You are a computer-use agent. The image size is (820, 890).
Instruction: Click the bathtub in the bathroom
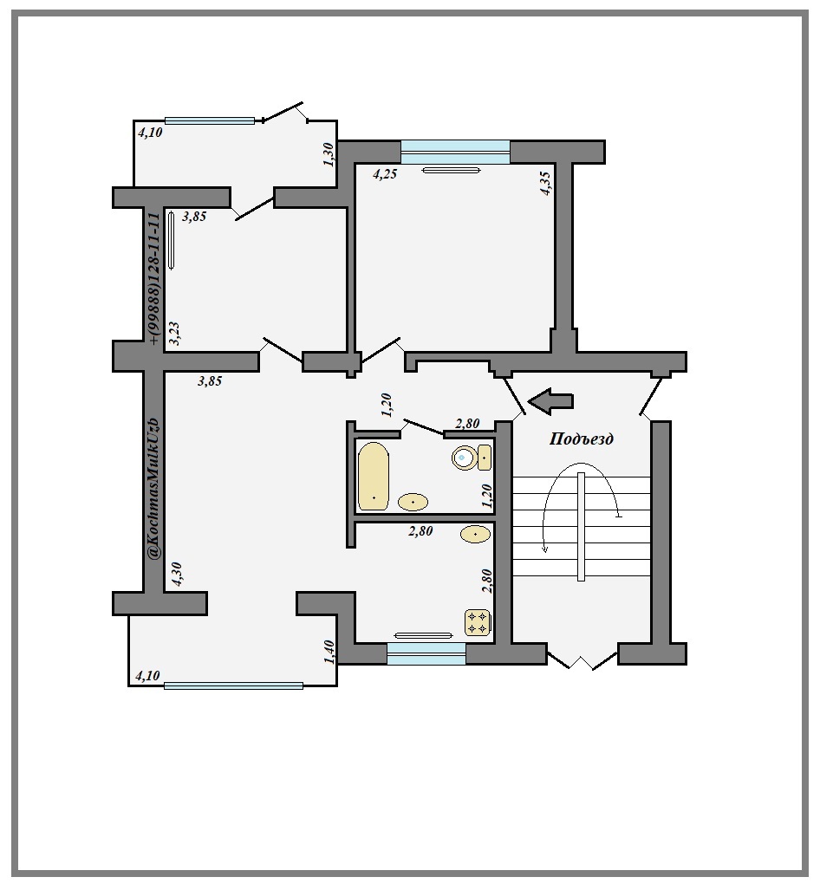click(373, 477)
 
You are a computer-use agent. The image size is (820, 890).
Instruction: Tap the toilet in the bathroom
click(472, 457)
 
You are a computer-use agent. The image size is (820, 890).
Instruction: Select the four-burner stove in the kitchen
click(477, 622)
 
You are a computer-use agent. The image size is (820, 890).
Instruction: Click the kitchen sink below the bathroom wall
click(475, 534)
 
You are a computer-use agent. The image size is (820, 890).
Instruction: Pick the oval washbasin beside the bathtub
click(413, 503)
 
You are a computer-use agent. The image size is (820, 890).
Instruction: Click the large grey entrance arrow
click(550, 400)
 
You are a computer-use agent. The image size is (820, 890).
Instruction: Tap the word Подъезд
click(582, 439)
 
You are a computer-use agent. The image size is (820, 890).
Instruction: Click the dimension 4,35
click(544, 184)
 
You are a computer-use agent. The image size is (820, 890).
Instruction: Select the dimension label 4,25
click(385, 174)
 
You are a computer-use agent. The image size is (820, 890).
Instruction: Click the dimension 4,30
click(175, 574)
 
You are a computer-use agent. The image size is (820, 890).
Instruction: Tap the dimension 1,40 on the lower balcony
click(329, 652)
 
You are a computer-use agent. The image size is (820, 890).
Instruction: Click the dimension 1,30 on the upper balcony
click(329, 154)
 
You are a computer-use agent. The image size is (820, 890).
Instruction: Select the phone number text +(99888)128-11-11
click(154, 278)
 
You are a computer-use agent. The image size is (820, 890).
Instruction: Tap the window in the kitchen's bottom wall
click(426, 653)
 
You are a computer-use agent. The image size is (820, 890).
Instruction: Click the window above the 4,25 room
click(455, 153)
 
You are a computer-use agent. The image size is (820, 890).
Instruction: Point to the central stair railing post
click(581, 526)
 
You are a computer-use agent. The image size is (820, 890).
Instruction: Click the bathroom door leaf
click(423, 427)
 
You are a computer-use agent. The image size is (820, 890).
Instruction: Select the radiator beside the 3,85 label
click(172, 239)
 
